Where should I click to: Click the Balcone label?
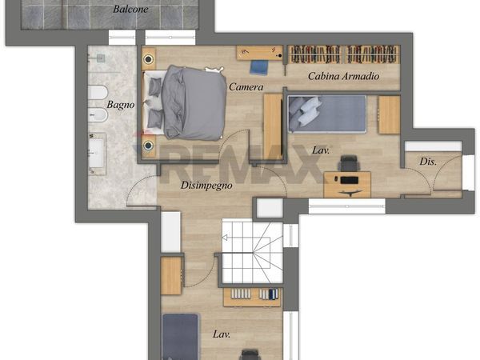pos(130,9)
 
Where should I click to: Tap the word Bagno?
pos(121,105)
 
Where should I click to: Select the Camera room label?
pos(246,87)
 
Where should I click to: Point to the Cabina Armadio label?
pos(343,76)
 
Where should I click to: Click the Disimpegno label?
pos(206,186)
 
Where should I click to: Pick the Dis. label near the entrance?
pos(428,162)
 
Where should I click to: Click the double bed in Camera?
pos(185,102)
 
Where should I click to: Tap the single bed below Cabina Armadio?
pos(327,114)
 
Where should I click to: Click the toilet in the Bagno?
pos(98,93)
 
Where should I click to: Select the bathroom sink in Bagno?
pos(97,154)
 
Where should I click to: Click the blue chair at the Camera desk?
pos(259,67)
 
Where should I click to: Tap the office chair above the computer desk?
pos(348,163)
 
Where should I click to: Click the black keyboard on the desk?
pos(350,180)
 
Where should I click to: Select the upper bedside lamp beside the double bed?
pos(149,59)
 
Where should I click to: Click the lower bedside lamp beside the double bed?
pos(149,145)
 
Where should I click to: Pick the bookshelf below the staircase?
pos(252,297)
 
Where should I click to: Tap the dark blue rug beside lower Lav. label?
pos(180,337)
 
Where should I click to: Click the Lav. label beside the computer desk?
pos(321,150)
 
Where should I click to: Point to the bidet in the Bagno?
pos(98,115)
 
